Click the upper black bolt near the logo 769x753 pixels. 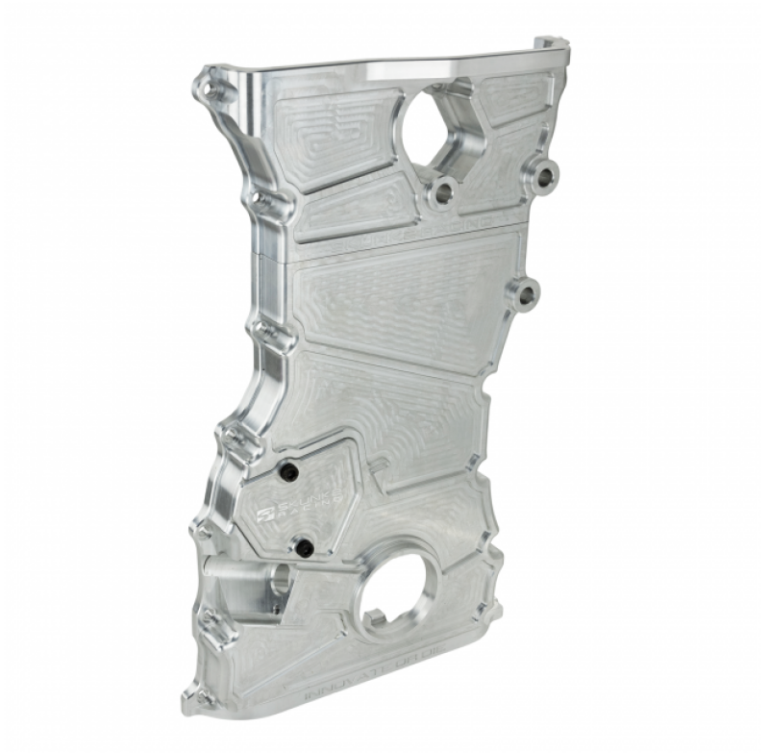285,471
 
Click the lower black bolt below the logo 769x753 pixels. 304,547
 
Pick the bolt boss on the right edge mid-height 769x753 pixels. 526,294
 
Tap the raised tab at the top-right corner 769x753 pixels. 553,45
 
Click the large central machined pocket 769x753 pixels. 404,298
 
